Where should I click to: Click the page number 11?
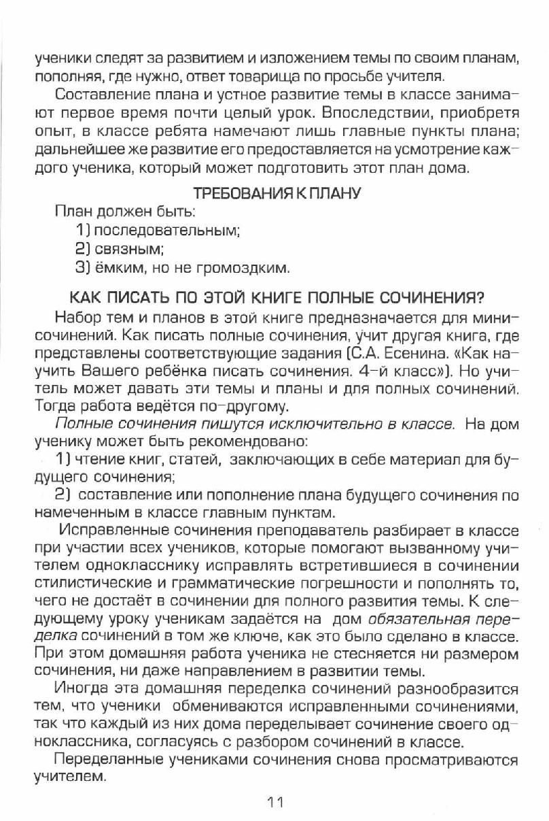point(274,801)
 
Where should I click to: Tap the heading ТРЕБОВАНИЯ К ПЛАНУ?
point(277,193)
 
